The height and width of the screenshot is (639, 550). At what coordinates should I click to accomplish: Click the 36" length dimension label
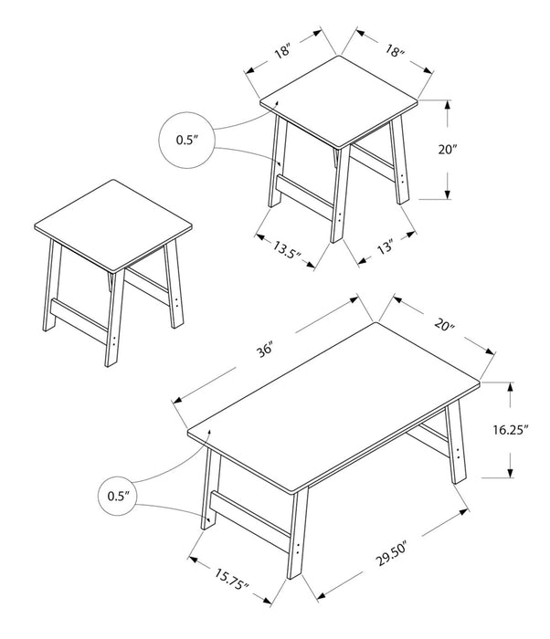265,348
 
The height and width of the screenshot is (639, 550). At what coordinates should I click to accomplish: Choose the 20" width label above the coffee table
444,326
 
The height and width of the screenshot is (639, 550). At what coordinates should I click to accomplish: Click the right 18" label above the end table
394,52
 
